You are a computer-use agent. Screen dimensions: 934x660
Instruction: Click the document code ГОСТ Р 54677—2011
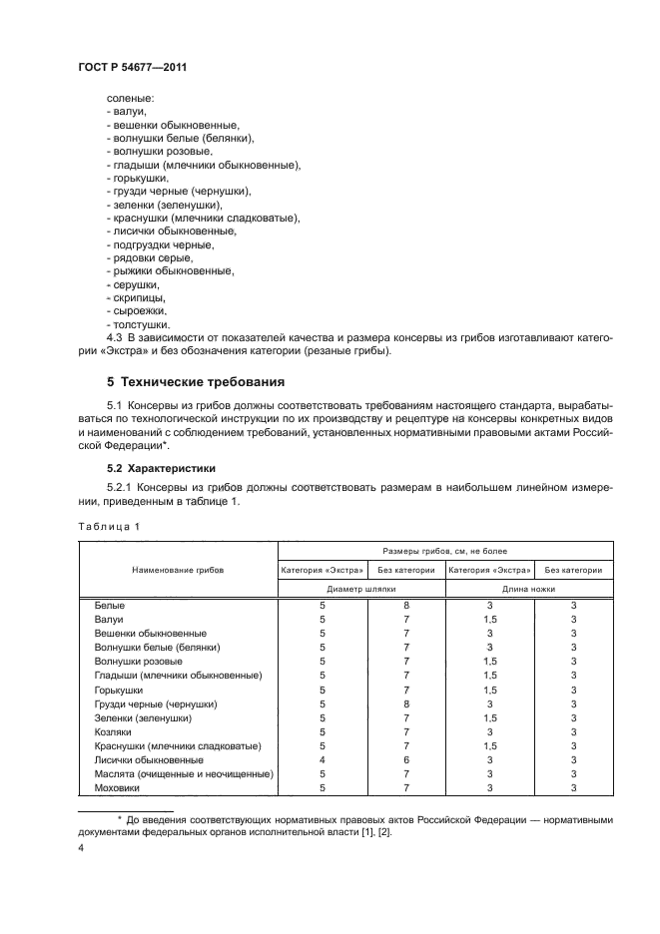[x=131, y=68]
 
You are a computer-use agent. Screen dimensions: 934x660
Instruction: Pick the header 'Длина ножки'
[x=529, y=589]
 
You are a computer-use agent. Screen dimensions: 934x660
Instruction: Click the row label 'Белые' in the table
[x=110, y=606]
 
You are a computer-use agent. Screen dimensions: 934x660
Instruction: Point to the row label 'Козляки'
[x=114, y=731]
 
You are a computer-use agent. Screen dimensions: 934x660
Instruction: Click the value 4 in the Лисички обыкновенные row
[x=323, y=759]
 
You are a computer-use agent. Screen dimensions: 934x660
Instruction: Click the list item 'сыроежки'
[x=137, y=312]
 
